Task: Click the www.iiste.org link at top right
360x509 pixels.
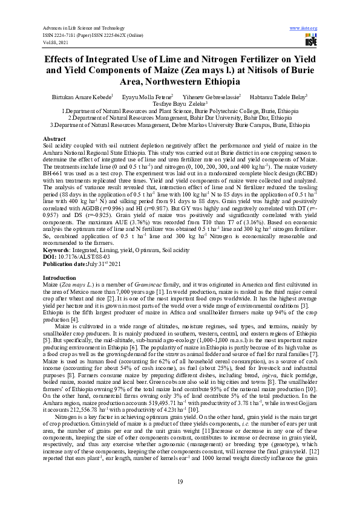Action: pos(304,28)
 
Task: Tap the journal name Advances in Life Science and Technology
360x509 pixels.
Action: pos(82,28)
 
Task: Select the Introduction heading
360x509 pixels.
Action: pos(59,277)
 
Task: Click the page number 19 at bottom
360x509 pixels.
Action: pos(180,481)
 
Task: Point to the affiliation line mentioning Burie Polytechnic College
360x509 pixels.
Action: pos(180,111)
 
